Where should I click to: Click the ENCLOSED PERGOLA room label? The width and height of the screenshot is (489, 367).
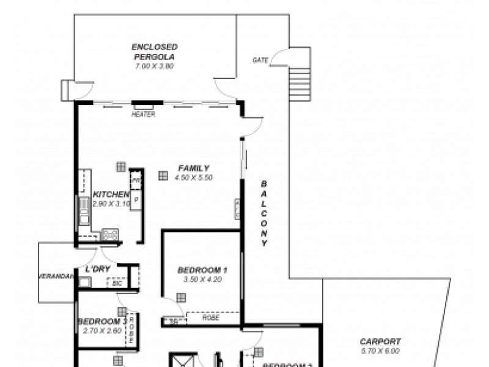[155, 51]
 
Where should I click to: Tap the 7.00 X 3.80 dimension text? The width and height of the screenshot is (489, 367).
[155, 65]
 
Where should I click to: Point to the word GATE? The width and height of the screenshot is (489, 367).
[260, 60]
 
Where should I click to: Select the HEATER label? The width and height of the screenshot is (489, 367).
[144, 114]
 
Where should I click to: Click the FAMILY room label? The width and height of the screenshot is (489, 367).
[194, 168]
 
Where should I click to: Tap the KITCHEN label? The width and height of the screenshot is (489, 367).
[111, 195]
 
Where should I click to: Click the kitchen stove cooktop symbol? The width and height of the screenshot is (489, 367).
[110, 233]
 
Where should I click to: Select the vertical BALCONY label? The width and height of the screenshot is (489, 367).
[264, 213]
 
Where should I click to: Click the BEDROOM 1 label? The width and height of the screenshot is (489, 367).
[202, 270]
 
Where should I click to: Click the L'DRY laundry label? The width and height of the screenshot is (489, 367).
[98, 269]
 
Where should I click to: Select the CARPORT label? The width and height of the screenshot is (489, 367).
[380, 342]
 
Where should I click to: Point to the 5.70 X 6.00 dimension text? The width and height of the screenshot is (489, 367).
[380, 351]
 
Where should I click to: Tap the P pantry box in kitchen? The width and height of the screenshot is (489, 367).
[136, 199]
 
